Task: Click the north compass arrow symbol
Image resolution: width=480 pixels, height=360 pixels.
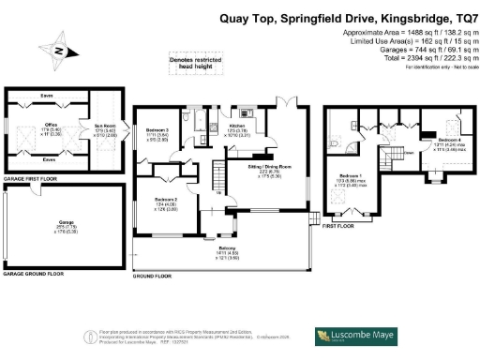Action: coord(63,52)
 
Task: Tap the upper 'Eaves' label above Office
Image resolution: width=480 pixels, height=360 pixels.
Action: coord(47,97)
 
